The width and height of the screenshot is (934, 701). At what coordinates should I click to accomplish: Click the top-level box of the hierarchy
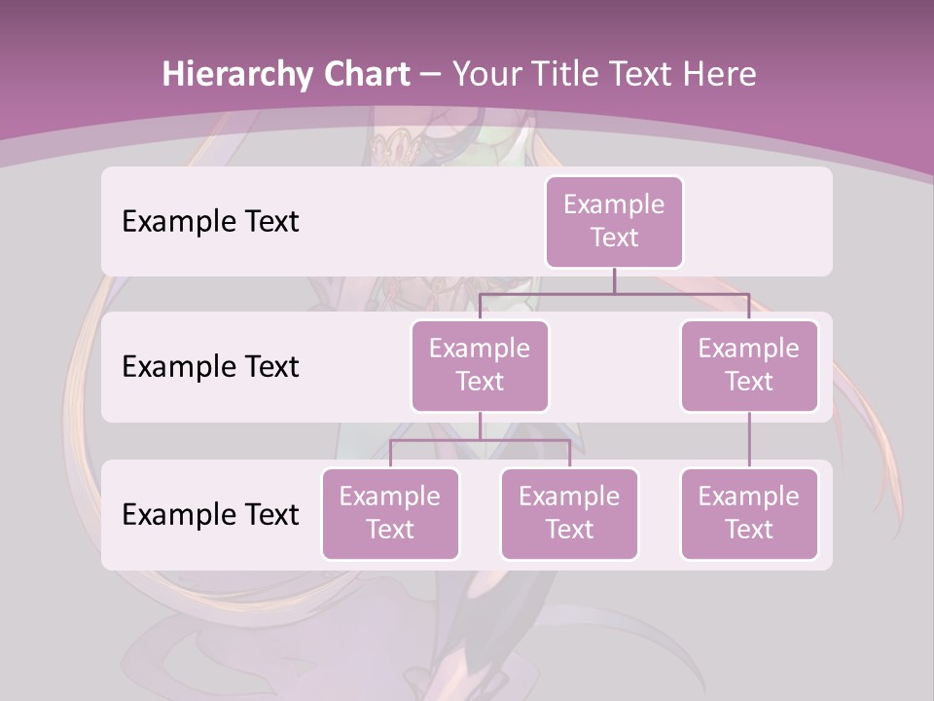(614, 221)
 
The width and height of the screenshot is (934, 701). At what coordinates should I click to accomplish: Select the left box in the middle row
(480, 365)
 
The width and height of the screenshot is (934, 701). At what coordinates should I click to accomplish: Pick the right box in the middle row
(749, 365)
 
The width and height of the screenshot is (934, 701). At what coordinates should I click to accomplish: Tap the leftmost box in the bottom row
(390, 513)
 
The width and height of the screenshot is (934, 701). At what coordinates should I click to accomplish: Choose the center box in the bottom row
(569, 513)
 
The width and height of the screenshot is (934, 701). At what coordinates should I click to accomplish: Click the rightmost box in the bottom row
(749, 513)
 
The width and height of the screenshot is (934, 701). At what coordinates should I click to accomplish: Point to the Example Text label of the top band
(210, 221)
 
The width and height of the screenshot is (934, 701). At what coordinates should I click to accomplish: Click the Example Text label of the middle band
(210, 366)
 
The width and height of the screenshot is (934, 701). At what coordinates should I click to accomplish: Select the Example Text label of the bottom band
(210, 514)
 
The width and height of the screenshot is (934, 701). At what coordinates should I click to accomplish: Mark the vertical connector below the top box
(614, 280)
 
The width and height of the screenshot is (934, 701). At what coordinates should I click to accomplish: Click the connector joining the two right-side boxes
(749, 440)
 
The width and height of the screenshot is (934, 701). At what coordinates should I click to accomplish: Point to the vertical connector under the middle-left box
(480, 425)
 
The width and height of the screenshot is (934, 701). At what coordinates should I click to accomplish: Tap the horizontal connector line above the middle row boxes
(614, 293)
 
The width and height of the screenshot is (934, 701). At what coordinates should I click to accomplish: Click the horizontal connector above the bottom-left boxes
(480, 440)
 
